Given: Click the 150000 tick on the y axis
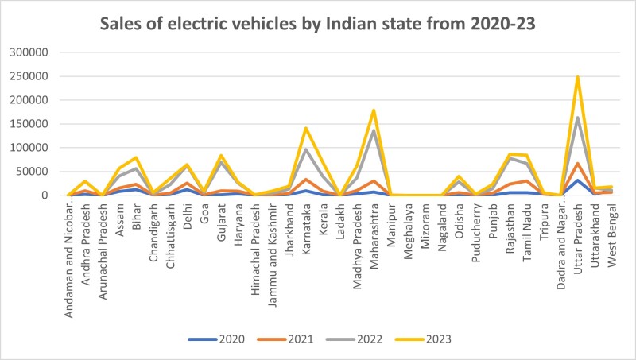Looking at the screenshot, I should click(29, 124).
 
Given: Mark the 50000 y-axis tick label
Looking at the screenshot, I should click(33, 172).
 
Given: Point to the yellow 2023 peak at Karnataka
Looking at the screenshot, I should click(306, 128).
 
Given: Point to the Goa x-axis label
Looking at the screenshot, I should click(204, 211).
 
